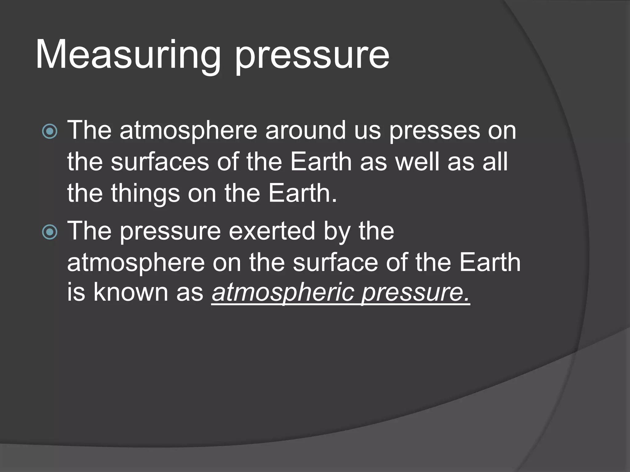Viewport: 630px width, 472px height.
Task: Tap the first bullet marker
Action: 50,132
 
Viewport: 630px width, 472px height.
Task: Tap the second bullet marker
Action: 50,232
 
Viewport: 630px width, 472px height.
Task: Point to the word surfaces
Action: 160,162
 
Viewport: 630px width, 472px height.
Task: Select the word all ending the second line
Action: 495,162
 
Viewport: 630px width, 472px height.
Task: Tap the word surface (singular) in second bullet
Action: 335,263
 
